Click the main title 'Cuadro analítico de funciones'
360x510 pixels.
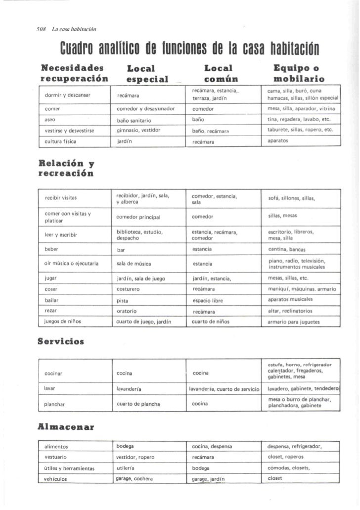click(x=188, y=50)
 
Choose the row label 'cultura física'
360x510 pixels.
click(x=61, y=141)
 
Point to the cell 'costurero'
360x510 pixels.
click(x=130, y=288)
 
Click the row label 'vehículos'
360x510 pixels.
click(x=56, y=479)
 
